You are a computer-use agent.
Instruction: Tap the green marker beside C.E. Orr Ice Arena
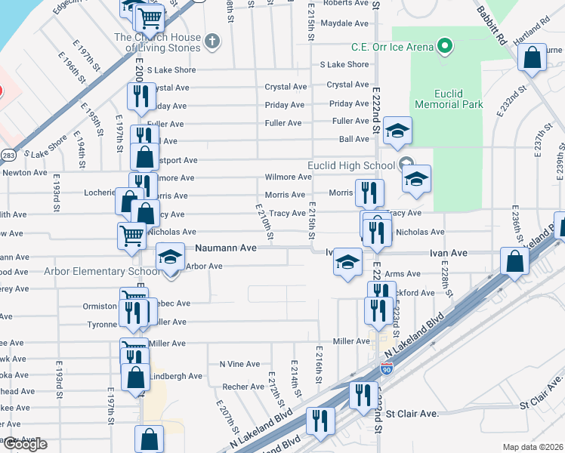(x=446, y=47)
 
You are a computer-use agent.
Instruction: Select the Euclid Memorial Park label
(x=448, y=99)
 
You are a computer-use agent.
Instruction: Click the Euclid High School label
(x=350, y=165)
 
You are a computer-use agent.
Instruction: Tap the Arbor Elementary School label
(x=102, y=272)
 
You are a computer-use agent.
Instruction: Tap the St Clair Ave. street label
(x=412, y=414)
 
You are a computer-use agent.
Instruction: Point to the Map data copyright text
(x=533, y=447)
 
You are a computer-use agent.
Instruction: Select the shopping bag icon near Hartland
(x=533, y=57)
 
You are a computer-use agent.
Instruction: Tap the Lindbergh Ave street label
(x=176, y=376)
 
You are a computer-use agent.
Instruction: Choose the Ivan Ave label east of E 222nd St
(x=449, y=253)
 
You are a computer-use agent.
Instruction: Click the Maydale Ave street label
(x=344, y=23)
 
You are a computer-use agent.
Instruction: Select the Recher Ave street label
(x=242, y=387)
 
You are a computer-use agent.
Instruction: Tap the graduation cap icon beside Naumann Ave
(x=171, y=257)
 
